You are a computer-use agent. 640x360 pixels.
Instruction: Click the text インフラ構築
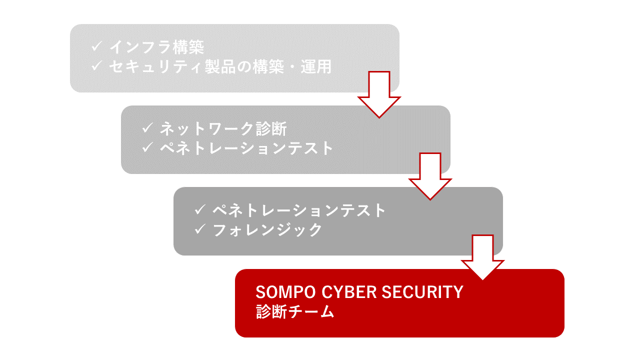tap(157, 47)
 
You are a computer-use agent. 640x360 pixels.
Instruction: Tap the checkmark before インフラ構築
tap(97, 46)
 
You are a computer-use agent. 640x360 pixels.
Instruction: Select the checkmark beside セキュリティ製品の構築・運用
tap(97, 65)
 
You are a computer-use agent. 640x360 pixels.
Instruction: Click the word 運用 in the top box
tap(315, 67)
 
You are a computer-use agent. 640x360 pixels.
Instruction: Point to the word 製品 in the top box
tap(220, 67)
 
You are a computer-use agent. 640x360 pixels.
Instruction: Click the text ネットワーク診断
tap(223, 129)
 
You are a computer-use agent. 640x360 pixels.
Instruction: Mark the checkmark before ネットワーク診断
tap(147, 127)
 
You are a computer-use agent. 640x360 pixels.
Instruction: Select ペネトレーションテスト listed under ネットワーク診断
tap(246, 148)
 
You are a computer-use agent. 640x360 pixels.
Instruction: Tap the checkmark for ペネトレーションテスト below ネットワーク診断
tap(147, 147)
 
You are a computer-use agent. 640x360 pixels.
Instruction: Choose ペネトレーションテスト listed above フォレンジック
tap(299, 210)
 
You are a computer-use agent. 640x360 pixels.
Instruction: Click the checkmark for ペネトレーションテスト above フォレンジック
tap(200, 209)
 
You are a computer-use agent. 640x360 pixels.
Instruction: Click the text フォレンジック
tap(267, 230)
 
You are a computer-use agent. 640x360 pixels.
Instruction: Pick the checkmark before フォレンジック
tap(200, 229)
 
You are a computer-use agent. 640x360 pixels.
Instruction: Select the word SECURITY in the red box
tap(422, 292)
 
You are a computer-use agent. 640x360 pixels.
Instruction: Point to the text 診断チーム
tap(295, 311)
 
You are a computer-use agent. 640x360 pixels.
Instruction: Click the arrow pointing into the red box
tap(482, 257)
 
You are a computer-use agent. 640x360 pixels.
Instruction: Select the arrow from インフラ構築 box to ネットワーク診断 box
tap(379, 94)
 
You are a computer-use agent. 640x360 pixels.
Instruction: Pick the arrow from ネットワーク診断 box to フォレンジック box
tap(430, 176)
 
